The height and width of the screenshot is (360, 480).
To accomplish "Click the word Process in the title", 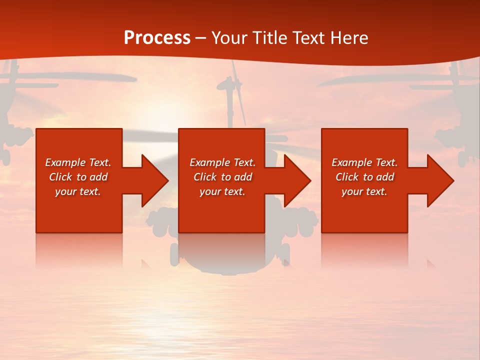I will [x=157, y=38].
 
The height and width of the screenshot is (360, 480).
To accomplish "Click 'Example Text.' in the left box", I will [x=78, y=162].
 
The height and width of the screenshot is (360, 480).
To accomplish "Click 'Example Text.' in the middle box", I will [x=222, y=162].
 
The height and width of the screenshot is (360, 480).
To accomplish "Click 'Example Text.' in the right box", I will [x=364, y=162].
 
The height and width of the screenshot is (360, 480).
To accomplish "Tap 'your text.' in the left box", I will [x=78, y=191].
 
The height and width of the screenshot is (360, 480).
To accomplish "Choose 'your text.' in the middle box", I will [x=222, y=191].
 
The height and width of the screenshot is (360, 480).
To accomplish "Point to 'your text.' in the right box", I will [x=364, y=191].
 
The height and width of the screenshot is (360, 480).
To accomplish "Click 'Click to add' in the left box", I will [x=78, y=177].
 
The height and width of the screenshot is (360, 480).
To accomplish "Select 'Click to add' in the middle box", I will [x=222, y=177].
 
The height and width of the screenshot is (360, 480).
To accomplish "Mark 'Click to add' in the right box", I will [x=364, y=177].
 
